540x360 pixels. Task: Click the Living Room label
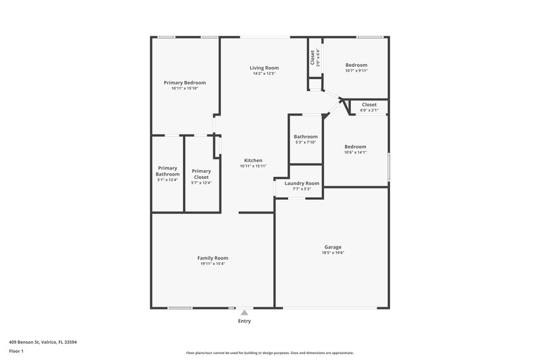[264, 68]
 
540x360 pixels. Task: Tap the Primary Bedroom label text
[184, 82]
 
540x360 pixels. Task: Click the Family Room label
[212, 258]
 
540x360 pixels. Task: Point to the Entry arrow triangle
[244, 313]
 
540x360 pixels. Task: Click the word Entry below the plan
[244, 321]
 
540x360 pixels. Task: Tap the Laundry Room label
[302, 183]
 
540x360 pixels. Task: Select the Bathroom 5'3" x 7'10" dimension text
[306, 142]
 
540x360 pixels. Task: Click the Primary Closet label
[201, 174]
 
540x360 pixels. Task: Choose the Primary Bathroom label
[167, 171]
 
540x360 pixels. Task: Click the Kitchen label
[253, 160]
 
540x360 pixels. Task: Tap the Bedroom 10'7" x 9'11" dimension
[356, 70]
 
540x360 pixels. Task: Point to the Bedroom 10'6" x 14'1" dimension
[355, 152]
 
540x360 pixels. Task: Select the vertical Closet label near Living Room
[312, 57]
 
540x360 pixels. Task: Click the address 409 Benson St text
[43, 342]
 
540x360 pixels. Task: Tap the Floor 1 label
[17, 351]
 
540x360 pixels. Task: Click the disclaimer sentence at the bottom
[269, 353]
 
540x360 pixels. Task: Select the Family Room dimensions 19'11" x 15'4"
[212, 263]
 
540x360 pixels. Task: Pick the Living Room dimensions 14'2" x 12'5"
[264, 73]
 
